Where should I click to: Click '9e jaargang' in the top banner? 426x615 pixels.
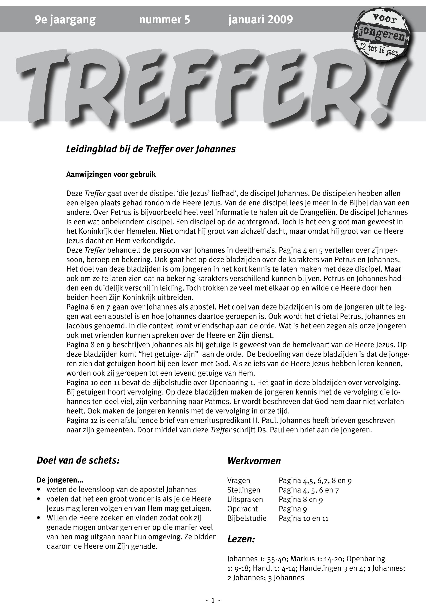pos(65,20)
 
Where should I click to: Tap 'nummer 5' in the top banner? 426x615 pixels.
pos(164,20)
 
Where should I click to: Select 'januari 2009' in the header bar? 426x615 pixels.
pos(260,20)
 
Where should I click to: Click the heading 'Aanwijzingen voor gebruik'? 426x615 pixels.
pos(111,175)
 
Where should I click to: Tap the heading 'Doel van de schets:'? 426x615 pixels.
pos(78,460)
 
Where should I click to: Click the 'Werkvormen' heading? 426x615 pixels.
pos(254,461)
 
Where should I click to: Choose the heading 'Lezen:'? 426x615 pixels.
pos(241,539)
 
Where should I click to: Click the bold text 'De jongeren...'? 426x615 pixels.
pos(60,480)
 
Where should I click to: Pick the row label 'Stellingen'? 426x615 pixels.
pos(243,490)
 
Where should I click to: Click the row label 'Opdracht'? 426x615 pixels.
pos(242,509)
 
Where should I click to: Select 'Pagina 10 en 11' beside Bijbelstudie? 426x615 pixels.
pos(303,518)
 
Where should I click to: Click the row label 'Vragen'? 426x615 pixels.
pos(239,481)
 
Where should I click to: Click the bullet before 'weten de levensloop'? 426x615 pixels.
pos(39,490)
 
